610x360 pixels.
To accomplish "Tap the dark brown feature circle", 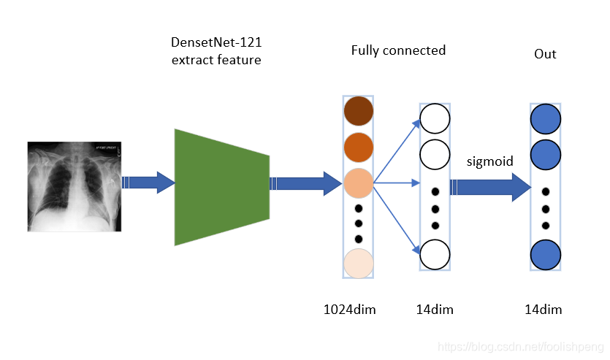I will pyautogui.click(x=358, y=110).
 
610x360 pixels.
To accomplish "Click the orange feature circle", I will pyautogui.click(x=358, y=146).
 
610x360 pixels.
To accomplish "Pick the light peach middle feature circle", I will pyautogui.click(x=358, y=182).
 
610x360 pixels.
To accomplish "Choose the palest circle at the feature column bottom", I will pyautogui.click(x=358, y=263).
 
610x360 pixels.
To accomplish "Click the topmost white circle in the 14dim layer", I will pyautogui.click(x=435, y=118).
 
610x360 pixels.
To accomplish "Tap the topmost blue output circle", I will pyautogui.click(x=545, y=119).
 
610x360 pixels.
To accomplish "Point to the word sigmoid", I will pyautogui.click(x=490, y=161).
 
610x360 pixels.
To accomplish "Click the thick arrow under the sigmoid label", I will pyautogui.click(x=489, y=187).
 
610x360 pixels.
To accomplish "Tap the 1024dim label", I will pyautogui.click(x=349, y=310).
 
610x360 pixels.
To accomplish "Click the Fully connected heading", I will pyautogui.click(x=398, y=50).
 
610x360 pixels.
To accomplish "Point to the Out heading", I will pyautogui.click(x=544, y=54).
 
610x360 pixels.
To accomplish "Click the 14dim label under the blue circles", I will pyautogui.click(x=544, y=310).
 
